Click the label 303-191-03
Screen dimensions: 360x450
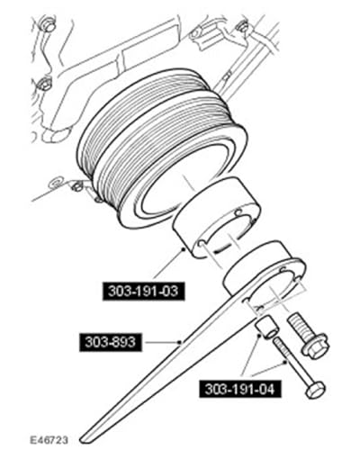point(143,291)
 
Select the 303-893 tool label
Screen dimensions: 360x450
point(110,342)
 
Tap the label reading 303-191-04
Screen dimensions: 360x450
point(239,390)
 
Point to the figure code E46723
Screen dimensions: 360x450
point(49,440)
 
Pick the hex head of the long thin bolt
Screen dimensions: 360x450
point(315,389)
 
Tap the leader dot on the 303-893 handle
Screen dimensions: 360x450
point(180,342)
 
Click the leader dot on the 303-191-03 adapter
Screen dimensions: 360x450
point(184,248)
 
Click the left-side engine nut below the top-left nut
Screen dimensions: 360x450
point(45,84)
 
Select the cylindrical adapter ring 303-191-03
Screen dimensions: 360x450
point(217,221)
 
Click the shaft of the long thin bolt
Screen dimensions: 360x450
point(290,359)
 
